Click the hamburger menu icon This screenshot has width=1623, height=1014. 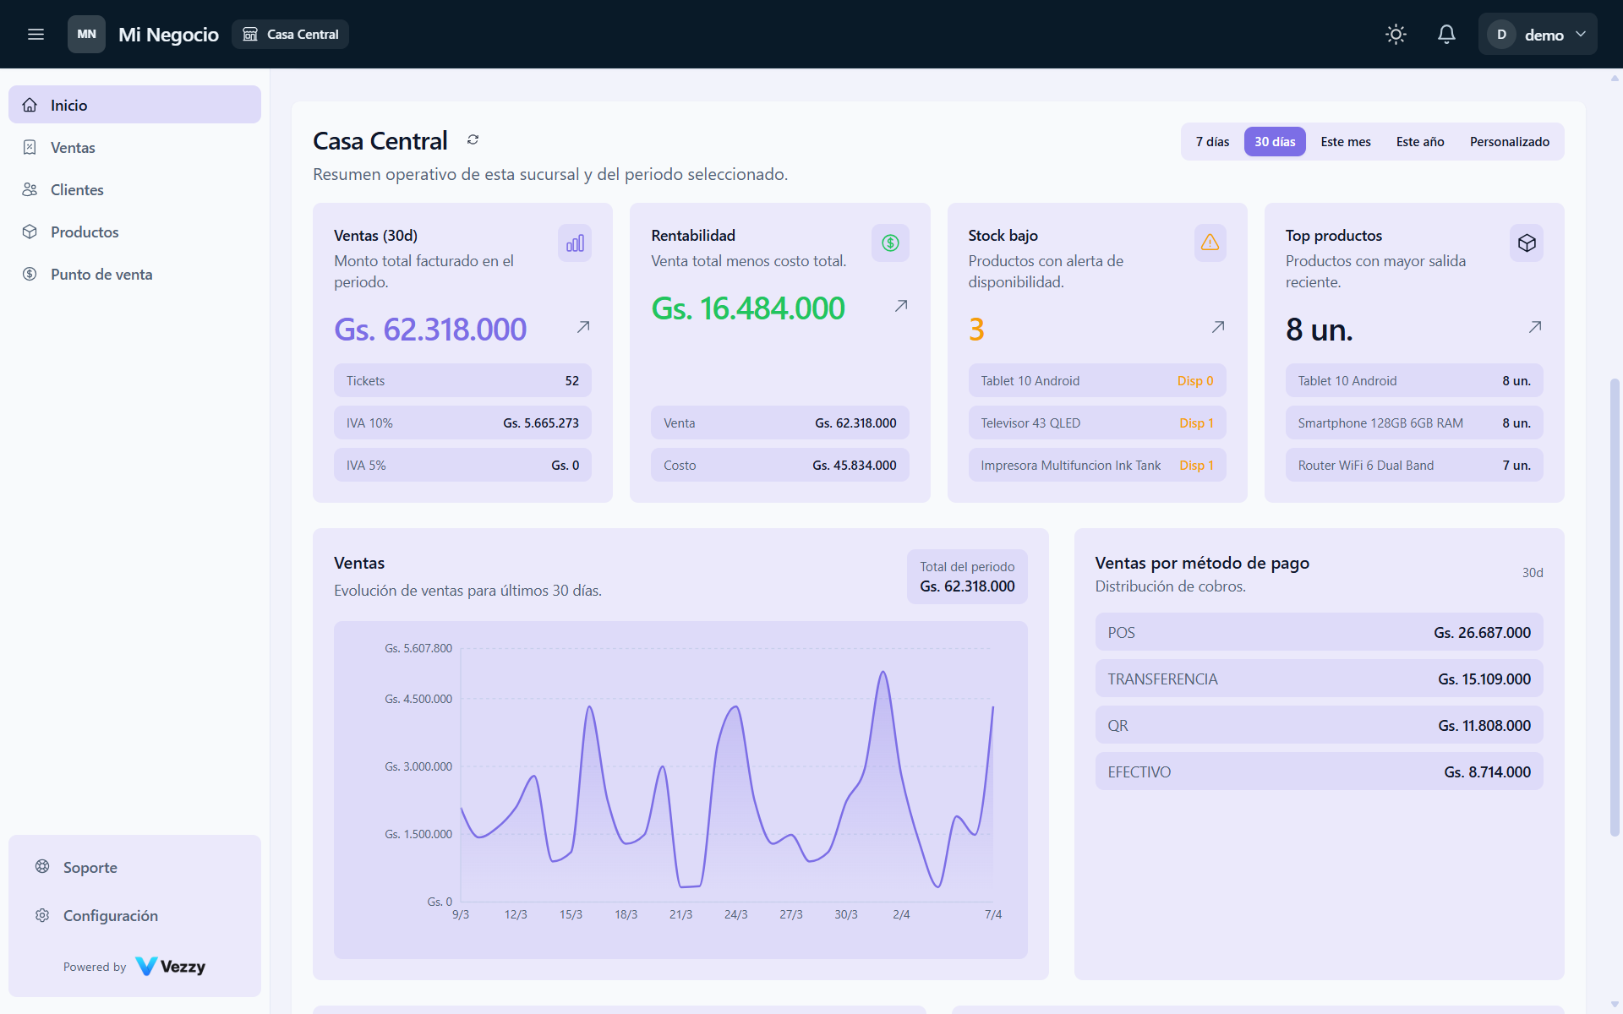[36, 35]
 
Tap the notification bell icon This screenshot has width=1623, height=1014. [1446, 35]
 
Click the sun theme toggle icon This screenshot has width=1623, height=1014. [1396, 35]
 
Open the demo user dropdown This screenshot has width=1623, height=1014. [1538, 35]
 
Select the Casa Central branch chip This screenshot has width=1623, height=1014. [290, 35]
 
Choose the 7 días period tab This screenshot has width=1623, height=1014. [1212, 142]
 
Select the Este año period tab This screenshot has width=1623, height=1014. [1420, 142]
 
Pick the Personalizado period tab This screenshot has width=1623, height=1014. [1510, 142]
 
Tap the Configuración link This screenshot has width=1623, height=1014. [111, 916]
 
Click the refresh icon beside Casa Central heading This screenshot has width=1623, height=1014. [473, 140]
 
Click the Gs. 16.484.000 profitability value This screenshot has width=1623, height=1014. [748, 308]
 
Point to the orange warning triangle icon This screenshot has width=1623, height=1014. [1210, 243]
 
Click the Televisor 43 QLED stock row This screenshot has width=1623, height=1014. [1097, 423]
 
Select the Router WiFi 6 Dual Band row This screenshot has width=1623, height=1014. [1414, 466]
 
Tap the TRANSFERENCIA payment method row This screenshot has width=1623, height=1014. [1319, 679]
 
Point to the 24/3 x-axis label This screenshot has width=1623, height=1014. [735, 915]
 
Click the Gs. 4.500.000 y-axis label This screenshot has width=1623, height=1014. [418, 700]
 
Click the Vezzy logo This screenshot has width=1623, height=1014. [170, 967]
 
